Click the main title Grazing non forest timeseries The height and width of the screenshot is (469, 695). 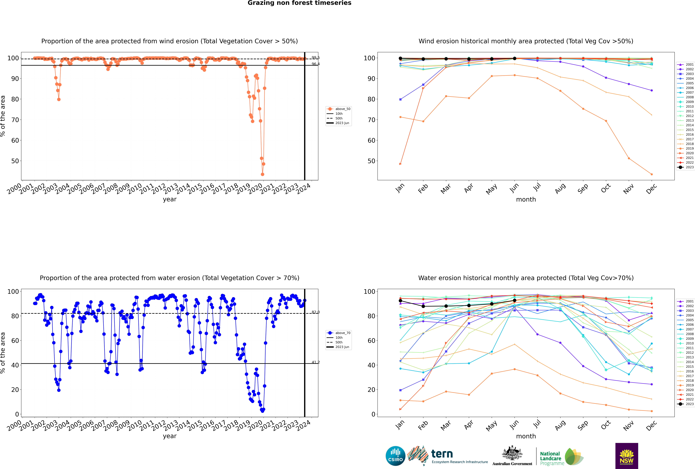[299, 3]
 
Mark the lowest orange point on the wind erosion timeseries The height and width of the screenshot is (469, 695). [262, 174]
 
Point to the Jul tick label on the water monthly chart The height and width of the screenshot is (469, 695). [537, 424]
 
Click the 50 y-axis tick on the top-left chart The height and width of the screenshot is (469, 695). [15, 161]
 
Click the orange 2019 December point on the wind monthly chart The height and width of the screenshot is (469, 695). [652, 174]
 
